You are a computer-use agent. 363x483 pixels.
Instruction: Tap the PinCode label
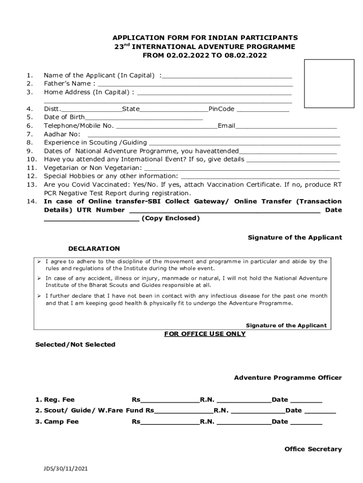pyautogui.click(x=221, y=109)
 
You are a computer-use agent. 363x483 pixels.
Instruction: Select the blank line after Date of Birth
pyautogui.click(x=144, y=118)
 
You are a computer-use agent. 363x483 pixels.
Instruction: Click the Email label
pyautogui.click(x=226, y=126)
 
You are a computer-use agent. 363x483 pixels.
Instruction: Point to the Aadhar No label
pyautogui.click(x=56, y=134)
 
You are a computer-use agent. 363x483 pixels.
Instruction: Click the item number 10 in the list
pyautogui.click(x=31, y=159)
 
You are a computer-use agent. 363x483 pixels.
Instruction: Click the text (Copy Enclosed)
pyautogui.click(x=171, y=218)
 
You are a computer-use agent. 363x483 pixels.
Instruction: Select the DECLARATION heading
pyautogui.click(x=94, y=249)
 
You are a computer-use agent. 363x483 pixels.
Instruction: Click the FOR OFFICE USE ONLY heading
pyautogui.click(x=205, y=334)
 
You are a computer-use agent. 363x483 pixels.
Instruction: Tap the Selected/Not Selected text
pyautogui.click(x=75, y=345)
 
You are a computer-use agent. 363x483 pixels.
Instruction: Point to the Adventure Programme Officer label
pyautogui.click(x=288, y=378)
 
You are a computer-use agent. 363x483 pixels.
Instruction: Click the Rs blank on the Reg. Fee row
pyautogui.click(x=170, y=400)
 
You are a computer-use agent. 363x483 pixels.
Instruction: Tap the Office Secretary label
pyautogui.click(x=313, y=450)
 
